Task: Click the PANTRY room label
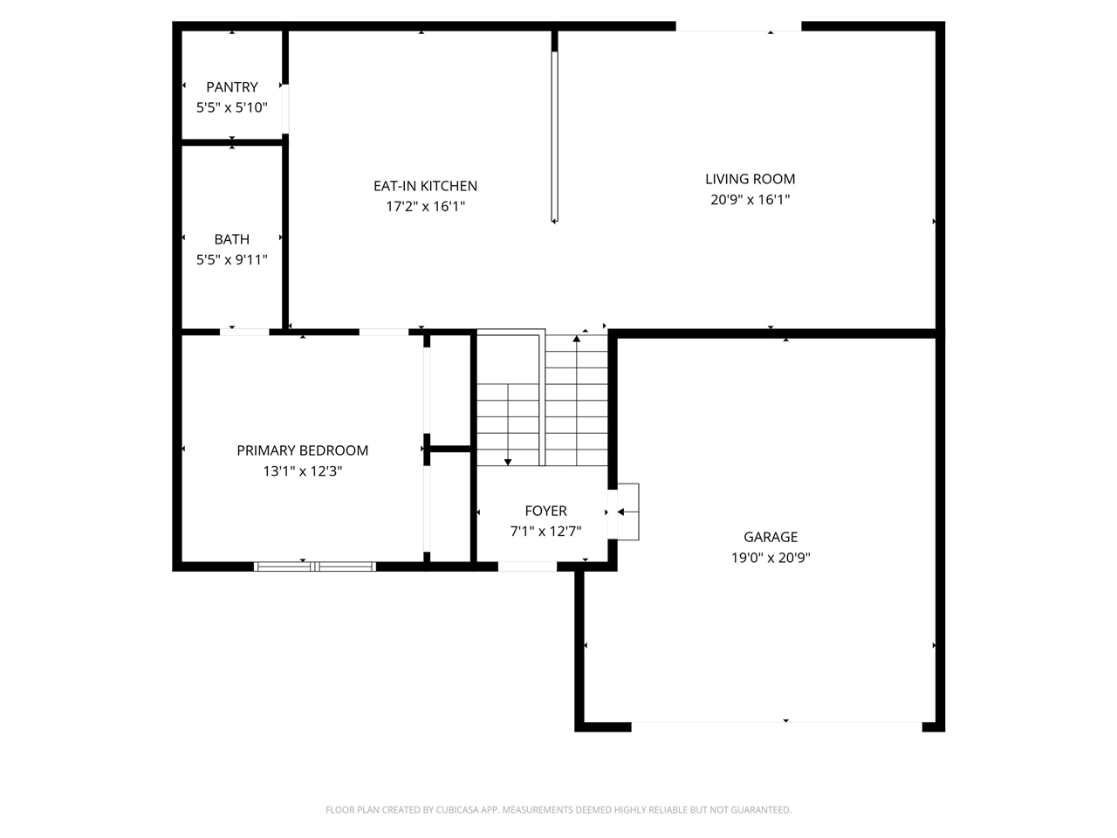click(x=231, y=87)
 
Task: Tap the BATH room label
click(x=231, y=239)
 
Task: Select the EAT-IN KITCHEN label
click(x=426, y=186)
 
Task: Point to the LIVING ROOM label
click(x=750, y=179)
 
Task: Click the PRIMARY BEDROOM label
click(x=302, y=450)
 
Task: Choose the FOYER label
click(x=545, y=511)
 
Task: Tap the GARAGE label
click(x=771, y=537)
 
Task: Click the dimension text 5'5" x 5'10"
click(x=231, y=107)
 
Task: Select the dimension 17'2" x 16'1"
click(x=426, y=206)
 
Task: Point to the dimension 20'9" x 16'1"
click(x=750, y=199)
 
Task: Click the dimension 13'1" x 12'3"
click(x=302, y=471)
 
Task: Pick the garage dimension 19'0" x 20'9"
click(x=771, y=558)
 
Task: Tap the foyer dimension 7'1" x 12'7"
click(x=545, y=532)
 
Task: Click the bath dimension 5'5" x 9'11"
click(x=231, y=259)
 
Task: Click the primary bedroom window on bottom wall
click(x=315, y=567)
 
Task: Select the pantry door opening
click(x=285, y=109)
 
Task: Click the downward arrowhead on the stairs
click(x=508, y=462)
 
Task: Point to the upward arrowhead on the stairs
click(x=577, y=339)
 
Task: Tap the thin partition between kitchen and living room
click(x=555, y=136)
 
